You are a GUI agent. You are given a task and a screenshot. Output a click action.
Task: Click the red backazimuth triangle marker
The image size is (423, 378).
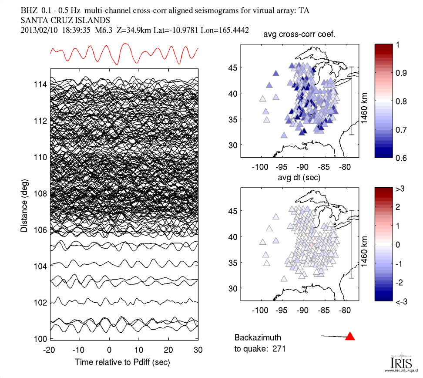350,336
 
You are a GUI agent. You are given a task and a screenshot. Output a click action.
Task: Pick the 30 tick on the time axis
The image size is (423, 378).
198,350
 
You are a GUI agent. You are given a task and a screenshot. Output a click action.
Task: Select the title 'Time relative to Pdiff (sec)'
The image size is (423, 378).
122,362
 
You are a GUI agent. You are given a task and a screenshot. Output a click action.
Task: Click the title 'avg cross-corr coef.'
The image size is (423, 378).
299,35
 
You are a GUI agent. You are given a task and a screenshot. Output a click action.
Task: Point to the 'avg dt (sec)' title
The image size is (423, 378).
300,178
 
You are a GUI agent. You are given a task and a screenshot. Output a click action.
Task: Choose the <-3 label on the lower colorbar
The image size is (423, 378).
401,301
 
